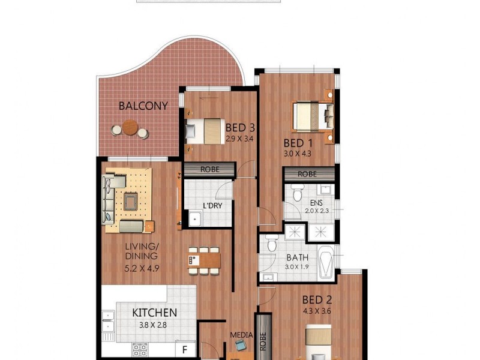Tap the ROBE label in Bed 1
pyautogui.click(x=308, y=174)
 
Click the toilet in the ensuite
pyautogui.click(x=295, y=192)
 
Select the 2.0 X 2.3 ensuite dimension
pyautogui.click(x=318, y=211)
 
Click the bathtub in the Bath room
pyautogui.click(x=328, y=263)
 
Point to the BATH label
pyautogui.click(x=298, y=258)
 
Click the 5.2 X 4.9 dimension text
pyautogui.click(x=142, y=268)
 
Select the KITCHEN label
pyautogui.click(x=154, y=312)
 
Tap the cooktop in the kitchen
pyautogui.click(x=140, y=350)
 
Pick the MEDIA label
pyautogui.click(x=242, y=335)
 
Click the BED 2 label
pyautogui.click(x=317, y=300)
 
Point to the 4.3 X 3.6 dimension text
pyautogui.click(x=317, y=311)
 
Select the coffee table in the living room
pyautogui.click(x=130, y=199)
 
